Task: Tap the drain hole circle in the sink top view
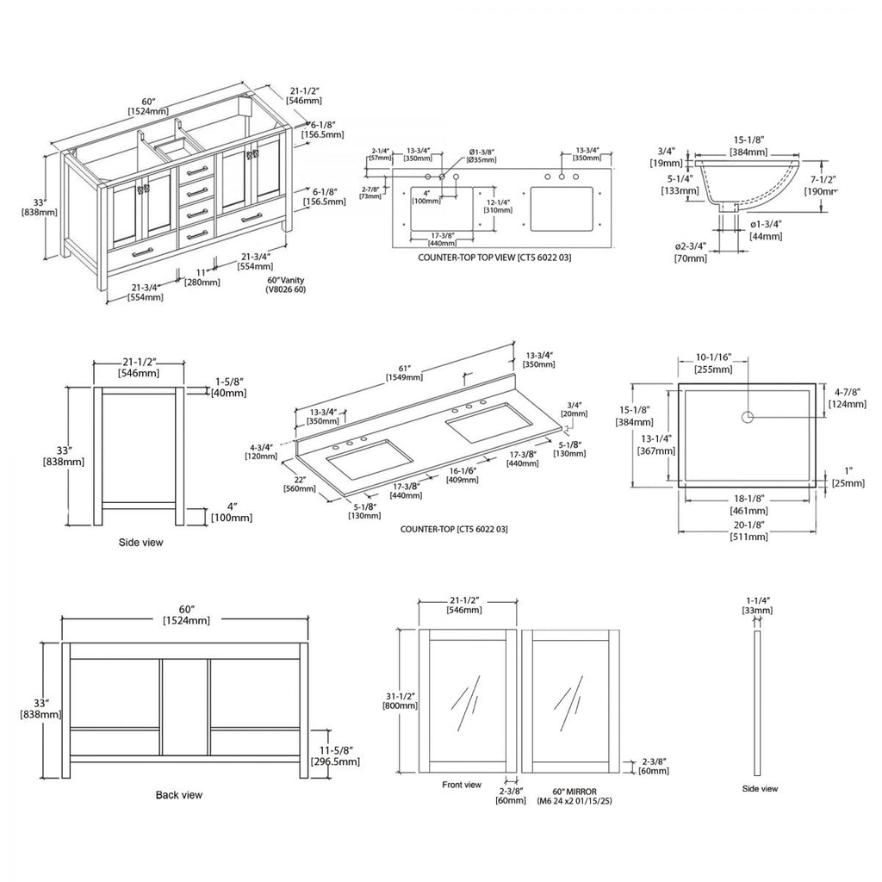pyautogui.click(x=748, y=417)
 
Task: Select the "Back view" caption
pyautogui.click(x=179, y=795)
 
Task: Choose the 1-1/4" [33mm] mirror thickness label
pyautogui.click(x=757, y=605)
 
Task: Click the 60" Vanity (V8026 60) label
pyautogui.click(x=286, y=285)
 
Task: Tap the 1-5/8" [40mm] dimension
pyautogui.click(x=228, y=387)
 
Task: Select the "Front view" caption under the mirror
pyautogui.click(x=462, y=785)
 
